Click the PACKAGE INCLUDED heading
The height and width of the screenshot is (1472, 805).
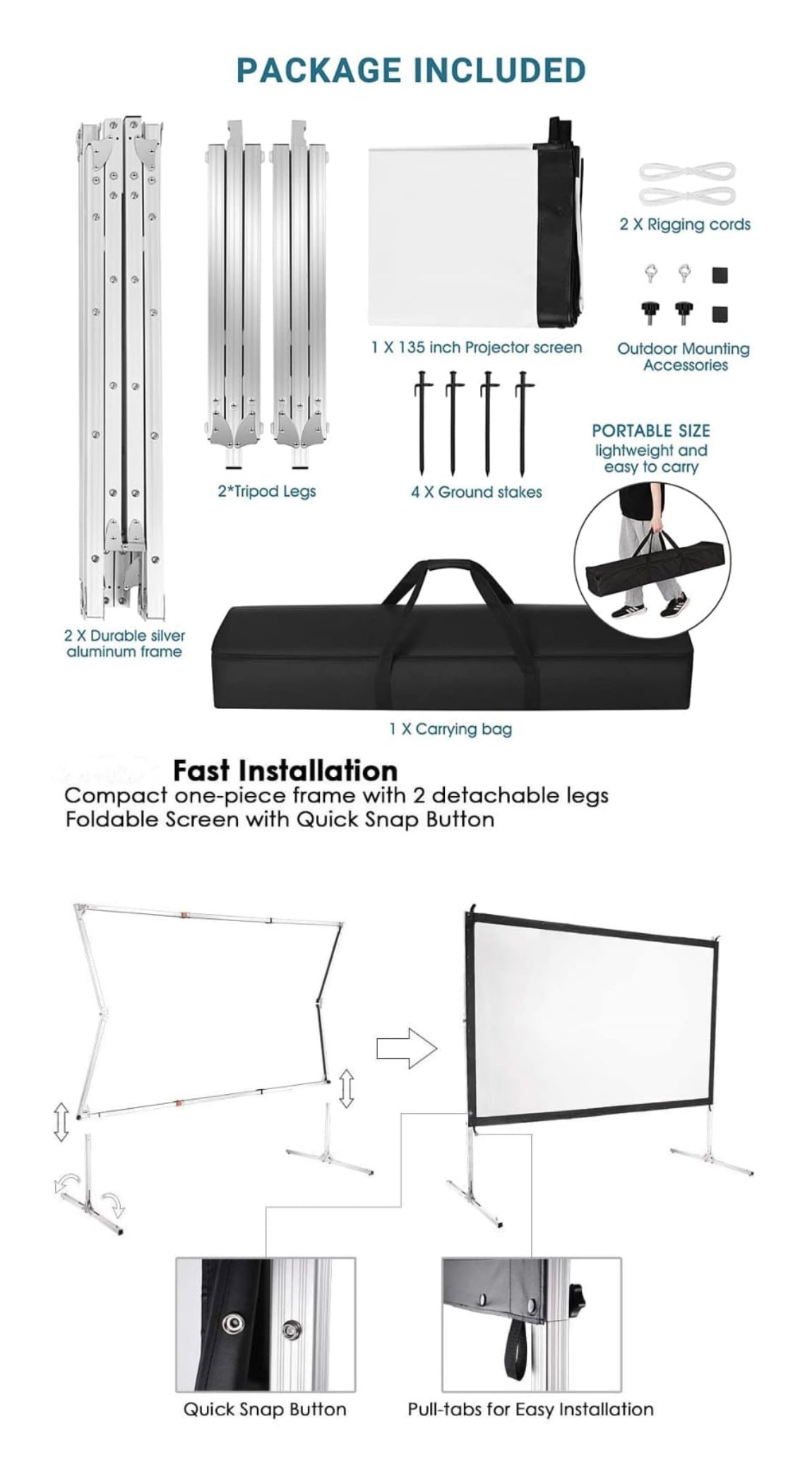pyautogui.click(x=410, y=71)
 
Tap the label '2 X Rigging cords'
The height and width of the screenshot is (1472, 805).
pyautogui.click(x=684, y=225)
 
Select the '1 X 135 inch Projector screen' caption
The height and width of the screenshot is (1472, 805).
pyautogui.click(x=476, y=348)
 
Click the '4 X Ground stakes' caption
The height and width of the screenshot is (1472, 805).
pyautogui.click(x=476, y=492)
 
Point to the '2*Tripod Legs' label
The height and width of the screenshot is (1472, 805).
pyautogui.click(x=266, y=491)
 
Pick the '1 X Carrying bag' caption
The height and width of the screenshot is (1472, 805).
pyautogui.click(x=450, y=729)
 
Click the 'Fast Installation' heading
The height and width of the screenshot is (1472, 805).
pyautogui.click(x=285, y=769)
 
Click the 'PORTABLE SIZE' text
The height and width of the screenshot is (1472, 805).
pyautogui.click(x=650, y=431)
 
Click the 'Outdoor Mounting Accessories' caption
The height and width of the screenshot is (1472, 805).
pyautogui.click(x=684, y=357)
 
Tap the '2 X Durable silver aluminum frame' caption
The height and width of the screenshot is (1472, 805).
pyautogui.click(x=124, y=643)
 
